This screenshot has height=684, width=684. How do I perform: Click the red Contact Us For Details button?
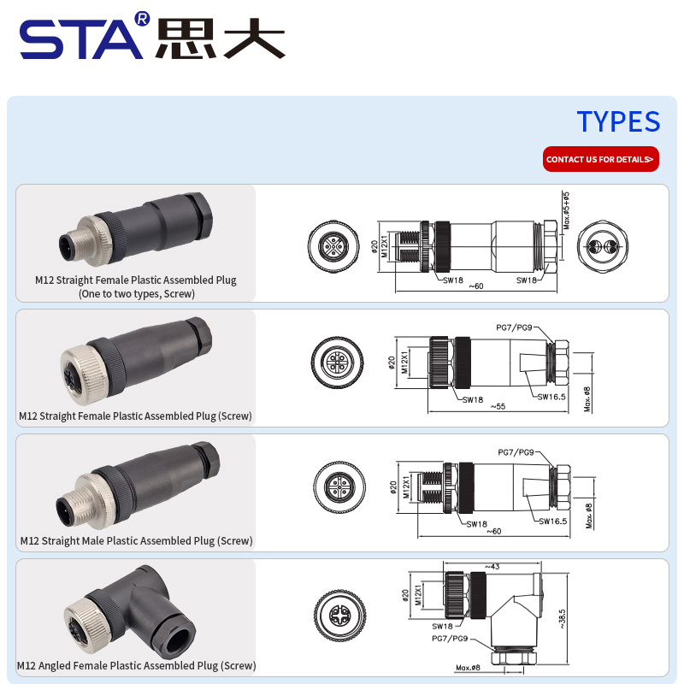[x=601, y=159]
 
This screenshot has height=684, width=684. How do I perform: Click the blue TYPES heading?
[x=618, y=121]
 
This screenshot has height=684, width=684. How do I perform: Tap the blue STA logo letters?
[x=81, y=39]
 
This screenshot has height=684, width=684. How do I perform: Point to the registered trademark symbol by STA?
[x=143, y=18]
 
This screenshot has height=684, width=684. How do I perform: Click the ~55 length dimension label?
[x=498, y=406]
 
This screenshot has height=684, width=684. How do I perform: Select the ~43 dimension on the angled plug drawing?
[x=492, y=566]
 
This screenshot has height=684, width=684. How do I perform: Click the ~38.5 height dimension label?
[x=563, y=618]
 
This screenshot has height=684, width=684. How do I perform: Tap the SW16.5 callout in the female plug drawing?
[x=551, y=397]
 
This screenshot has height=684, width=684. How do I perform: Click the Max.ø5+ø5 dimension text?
[x=566, y=210]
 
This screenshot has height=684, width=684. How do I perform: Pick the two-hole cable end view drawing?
[x=603, y=246]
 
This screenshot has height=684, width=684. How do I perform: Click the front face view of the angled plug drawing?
[x=339, y=616]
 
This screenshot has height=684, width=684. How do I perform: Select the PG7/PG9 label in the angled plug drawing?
[x=450, y=638]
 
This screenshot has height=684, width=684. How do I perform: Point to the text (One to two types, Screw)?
[x=137, y=293]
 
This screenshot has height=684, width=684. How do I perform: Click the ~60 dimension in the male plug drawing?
[x=494, y=531]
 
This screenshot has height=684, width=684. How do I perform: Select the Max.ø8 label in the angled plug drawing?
[x=468, y=668]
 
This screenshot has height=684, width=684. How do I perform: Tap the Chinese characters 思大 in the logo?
[x=221, y=38]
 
